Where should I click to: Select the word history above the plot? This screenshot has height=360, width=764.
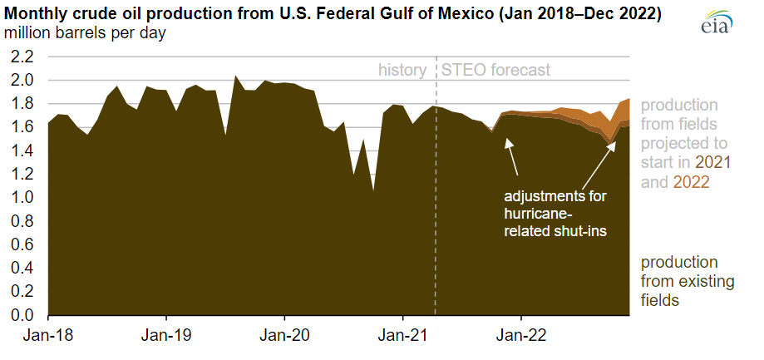tap(403, 71)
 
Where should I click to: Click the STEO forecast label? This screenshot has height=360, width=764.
tap(495, 71)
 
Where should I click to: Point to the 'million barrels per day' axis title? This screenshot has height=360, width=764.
tap(85, 34)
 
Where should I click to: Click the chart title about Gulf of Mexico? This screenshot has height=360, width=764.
tap(333, 14)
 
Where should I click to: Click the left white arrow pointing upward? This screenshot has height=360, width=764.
tap(511, 157)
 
